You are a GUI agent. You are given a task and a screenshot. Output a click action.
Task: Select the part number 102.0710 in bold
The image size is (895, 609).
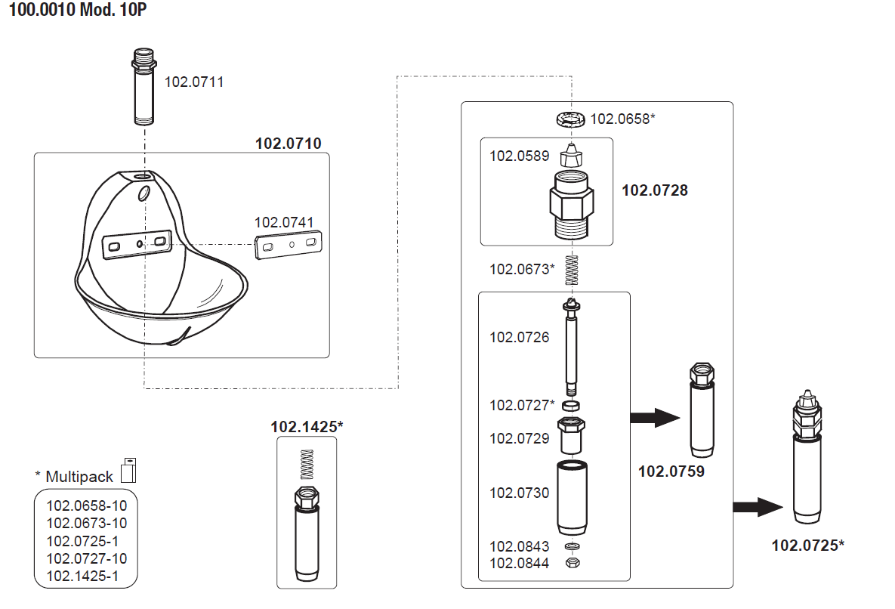pos(289,144)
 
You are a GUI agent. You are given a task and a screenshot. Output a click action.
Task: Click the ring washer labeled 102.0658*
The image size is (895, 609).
pos(570,119)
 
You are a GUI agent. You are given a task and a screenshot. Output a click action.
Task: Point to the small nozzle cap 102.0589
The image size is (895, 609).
pos(572,156)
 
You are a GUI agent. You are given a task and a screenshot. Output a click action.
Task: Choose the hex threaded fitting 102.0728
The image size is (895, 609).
pos(572,204)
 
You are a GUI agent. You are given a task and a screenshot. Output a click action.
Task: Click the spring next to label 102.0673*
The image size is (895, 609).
pos(571,270)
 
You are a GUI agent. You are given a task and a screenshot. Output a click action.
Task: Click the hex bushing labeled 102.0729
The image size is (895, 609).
pos(572,435)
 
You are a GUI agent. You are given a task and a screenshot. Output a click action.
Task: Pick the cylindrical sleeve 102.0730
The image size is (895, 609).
pos(572,496)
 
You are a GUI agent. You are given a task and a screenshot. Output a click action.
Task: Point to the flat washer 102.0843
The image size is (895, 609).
pos(572,546)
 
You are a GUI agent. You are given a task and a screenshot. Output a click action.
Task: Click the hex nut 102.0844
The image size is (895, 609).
pos(572,562)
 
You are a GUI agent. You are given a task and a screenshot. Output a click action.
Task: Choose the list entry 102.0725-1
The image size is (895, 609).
pos(82,542)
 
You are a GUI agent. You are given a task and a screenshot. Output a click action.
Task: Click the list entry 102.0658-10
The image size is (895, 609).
pos(87,505)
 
